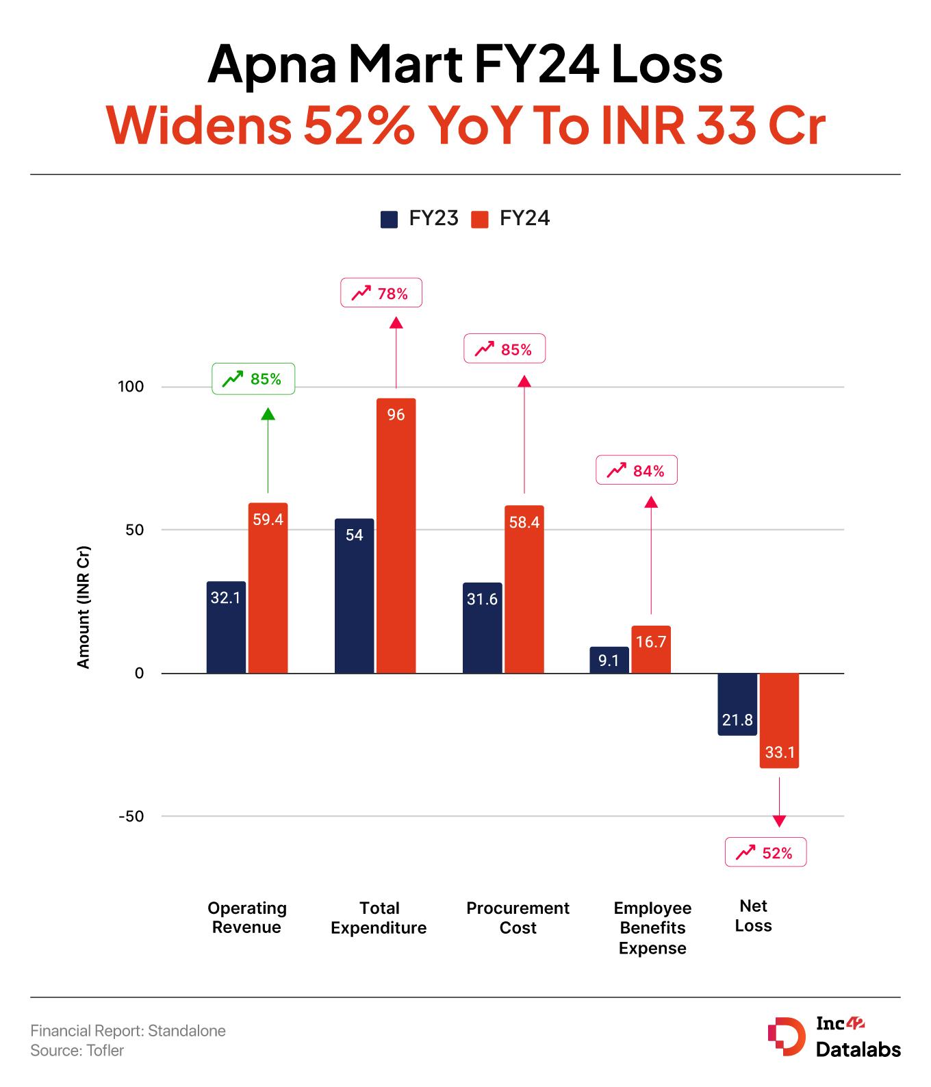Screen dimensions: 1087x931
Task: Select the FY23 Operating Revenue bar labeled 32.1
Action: (x=226, y=627)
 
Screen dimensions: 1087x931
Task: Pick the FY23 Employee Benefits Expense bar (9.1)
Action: (x=609, y=660)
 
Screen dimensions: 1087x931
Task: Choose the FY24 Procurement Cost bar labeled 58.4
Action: (x=524, y=589)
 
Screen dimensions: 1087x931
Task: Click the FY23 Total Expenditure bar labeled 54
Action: (x=354, y=596)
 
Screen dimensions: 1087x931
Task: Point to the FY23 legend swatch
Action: (x=389, y=219)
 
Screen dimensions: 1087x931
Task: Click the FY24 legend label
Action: (x=524, y=218)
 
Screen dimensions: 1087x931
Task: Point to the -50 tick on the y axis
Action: (x=131, y=816)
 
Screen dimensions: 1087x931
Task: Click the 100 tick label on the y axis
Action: (x=131, y=387)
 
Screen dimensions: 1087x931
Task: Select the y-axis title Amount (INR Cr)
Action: (x=84, y=606)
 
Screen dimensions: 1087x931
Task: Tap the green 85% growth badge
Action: (x=253, y=379)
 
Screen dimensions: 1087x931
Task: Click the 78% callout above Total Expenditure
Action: (x=381, y=293)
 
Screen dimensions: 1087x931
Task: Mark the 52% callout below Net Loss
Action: (x=765, y=852)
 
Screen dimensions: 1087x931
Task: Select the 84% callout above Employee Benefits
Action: (x=636, y=470)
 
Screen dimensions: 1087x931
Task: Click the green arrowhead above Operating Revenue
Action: (x=268, y=413)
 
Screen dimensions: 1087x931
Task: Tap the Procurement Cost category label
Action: (x=518, y=917)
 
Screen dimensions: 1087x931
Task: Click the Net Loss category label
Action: (x=753, y=915)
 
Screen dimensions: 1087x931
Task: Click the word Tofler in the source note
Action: (x=105, y=1050)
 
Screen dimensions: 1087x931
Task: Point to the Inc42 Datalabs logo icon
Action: (x=786, y=1036)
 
